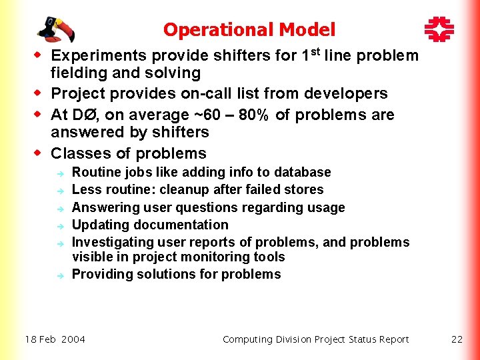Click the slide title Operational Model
coord(249,30)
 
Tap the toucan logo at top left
coord(55,29)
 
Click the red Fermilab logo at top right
coord(439,29)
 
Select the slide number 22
coord(457,339)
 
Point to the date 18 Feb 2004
coord(55,339)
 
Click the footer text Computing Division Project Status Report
coord(315,339)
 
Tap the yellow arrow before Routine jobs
coord(59,173)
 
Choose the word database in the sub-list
coord(303,173)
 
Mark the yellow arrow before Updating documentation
coord(59,226)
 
